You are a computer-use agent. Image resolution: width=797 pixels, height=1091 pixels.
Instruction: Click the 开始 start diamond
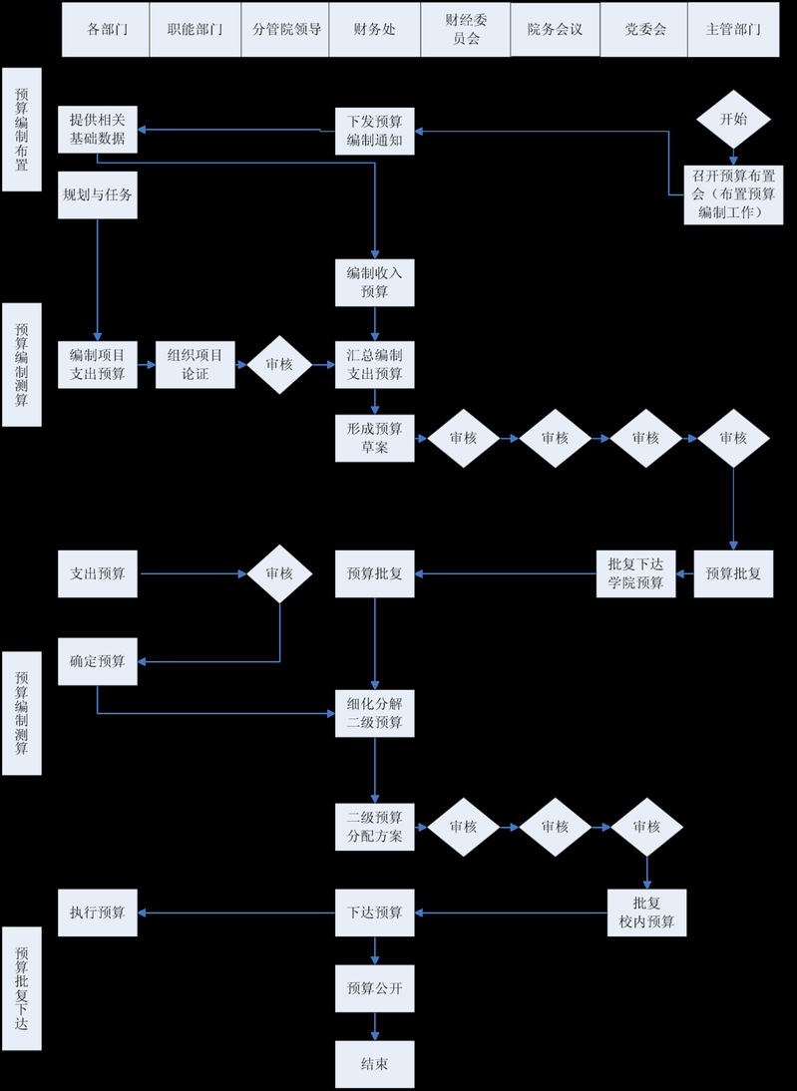click(733, 119)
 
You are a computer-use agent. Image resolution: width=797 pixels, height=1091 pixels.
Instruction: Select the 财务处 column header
click(374, 29)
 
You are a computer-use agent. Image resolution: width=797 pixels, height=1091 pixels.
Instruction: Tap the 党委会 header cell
click(644, 29)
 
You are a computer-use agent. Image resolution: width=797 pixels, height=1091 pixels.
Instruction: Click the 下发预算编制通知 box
click(374, 130)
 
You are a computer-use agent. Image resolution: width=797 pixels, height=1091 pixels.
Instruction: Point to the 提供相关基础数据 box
click(97, 130)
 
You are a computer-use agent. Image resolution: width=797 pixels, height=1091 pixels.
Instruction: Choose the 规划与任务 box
click(97, 195)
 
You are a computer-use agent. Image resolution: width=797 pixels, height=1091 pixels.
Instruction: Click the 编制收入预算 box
click(374, 282)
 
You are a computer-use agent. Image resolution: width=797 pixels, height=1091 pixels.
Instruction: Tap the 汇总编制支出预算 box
click(374, 363)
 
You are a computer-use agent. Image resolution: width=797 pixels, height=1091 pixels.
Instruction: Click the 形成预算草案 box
click(374, 438)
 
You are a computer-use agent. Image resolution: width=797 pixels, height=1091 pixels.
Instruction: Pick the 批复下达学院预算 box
click(635, 573)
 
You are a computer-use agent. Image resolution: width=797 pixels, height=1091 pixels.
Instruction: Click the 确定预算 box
click(97, 661)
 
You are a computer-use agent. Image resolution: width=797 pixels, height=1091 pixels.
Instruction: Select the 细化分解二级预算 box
click(374, 712)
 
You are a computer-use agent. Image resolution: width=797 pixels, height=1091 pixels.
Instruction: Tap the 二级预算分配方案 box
click(374, 827)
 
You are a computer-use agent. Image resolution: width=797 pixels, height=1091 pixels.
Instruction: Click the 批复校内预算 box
click(646, 912)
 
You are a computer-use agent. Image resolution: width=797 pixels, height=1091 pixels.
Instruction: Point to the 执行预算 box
click(97, 912)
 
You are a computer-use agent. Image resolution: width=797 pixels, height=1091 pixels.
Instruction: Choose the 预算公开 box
click(374, 988)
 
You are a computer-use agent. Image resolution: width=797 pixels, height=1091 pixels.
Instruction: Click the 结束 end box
click(374, 1064)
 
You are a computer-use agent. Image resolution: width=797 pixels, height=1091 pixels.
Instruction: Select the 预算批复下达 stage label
click(22, 988)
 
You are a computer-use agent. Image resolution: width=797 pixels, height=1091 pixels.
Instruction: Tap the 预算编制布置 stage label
click(22, 130)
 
